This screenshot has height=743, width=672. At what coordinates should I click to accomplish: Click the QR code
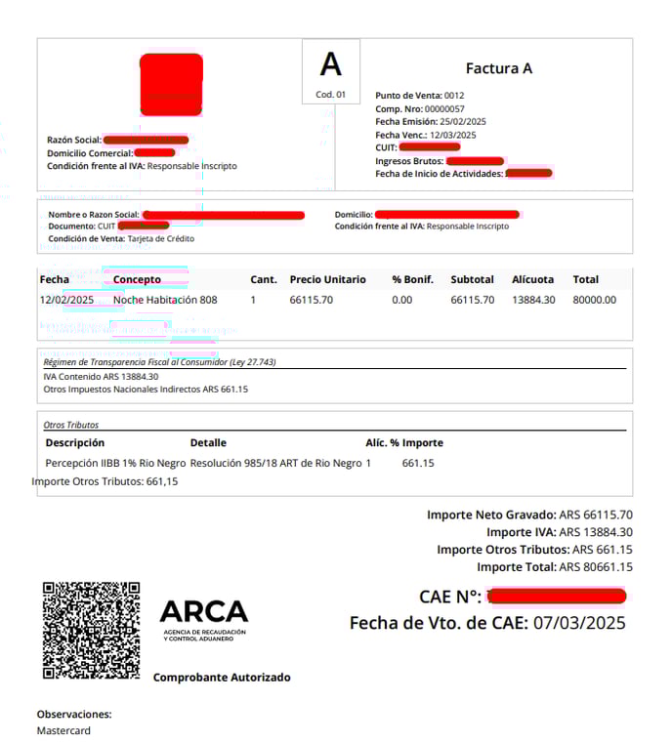91,630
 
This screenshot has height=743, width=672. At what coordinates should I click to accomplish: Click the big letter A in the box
331,65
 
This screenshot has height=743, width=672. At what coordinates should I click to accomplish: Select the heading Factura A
498,68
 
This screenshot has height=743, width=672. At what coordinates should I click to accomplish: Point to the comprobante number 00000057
445,108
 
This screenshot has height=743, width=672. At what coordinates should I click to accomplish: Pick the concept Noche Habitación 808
165,300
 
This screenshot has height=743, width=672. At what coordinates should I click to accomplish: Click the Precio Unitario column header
328,279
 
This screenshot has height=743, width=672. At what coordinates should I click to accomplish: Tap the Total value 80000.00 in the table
594,300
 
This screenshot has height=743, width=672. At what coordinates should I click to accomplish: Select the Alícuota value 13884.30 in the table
533,300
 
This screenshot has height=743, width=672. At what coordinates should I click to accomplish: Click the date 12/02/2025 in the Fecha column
66,300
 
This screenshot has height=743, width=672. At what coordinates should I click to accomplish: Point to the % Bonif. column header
412,279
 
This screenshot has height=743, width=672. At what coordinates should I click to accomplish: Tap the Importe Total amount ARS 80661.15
595,566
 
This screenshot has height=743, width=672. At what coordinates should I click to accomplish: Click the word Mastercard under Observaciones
63,730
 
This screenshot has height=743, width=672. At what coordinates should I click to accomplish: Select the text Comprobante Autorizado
222,677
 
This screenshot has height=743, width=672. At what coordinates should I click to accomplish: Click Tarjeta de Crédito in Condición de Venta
160,238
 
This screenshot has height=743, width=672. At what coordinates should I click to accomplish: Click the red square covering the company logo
172,84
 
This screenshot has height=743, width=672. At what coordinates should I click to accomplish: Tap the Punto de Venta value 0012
454,96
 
